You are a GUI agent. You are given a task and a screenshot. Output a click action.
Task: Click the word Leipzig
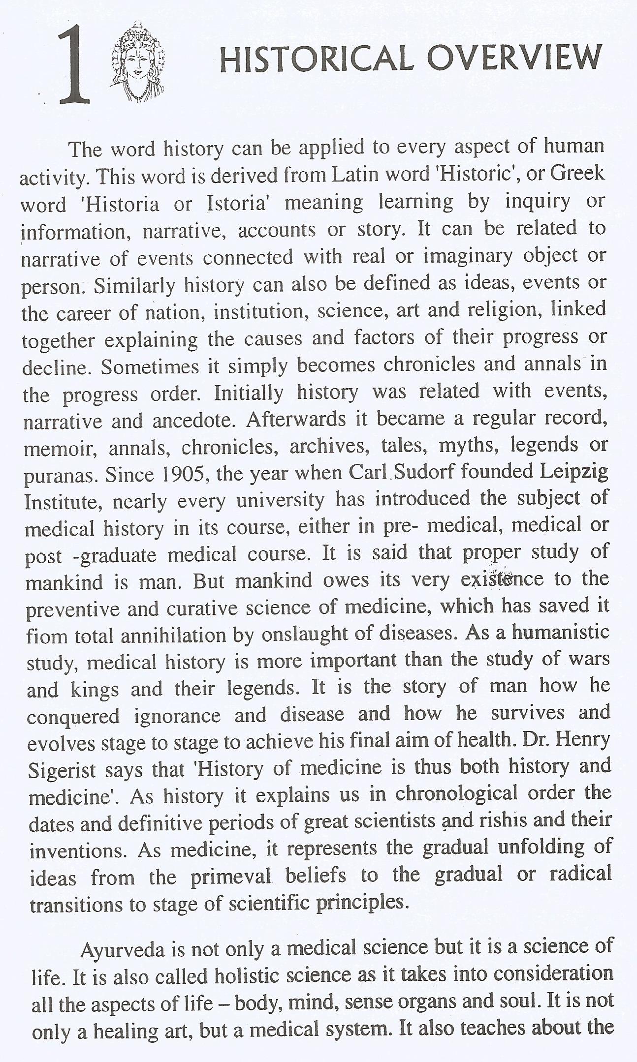pyautogui.click(x=574, y=472)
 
